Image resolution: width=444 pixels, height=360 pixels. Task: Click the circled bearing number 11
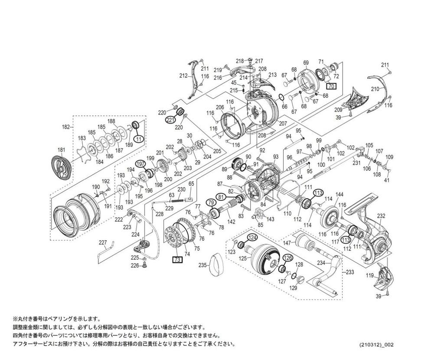point(138,139)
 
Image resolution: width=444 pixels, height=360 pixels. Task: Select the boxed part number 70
point(331,86)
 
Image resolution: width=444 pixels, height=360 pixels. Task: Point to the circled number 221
point(170,120)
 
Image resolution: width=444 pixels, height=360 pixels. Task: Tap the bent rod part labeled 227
point(105,251)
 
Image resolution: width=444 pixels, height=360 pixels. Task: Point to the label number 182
point(66,127)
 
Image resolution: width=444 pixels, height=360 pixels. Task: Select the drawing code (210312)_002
point(376,344)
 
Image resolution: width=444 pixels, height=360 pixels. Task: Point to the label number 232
point(381,216)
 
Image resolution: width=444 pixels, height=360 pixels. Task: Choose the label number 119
point(369,275)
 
